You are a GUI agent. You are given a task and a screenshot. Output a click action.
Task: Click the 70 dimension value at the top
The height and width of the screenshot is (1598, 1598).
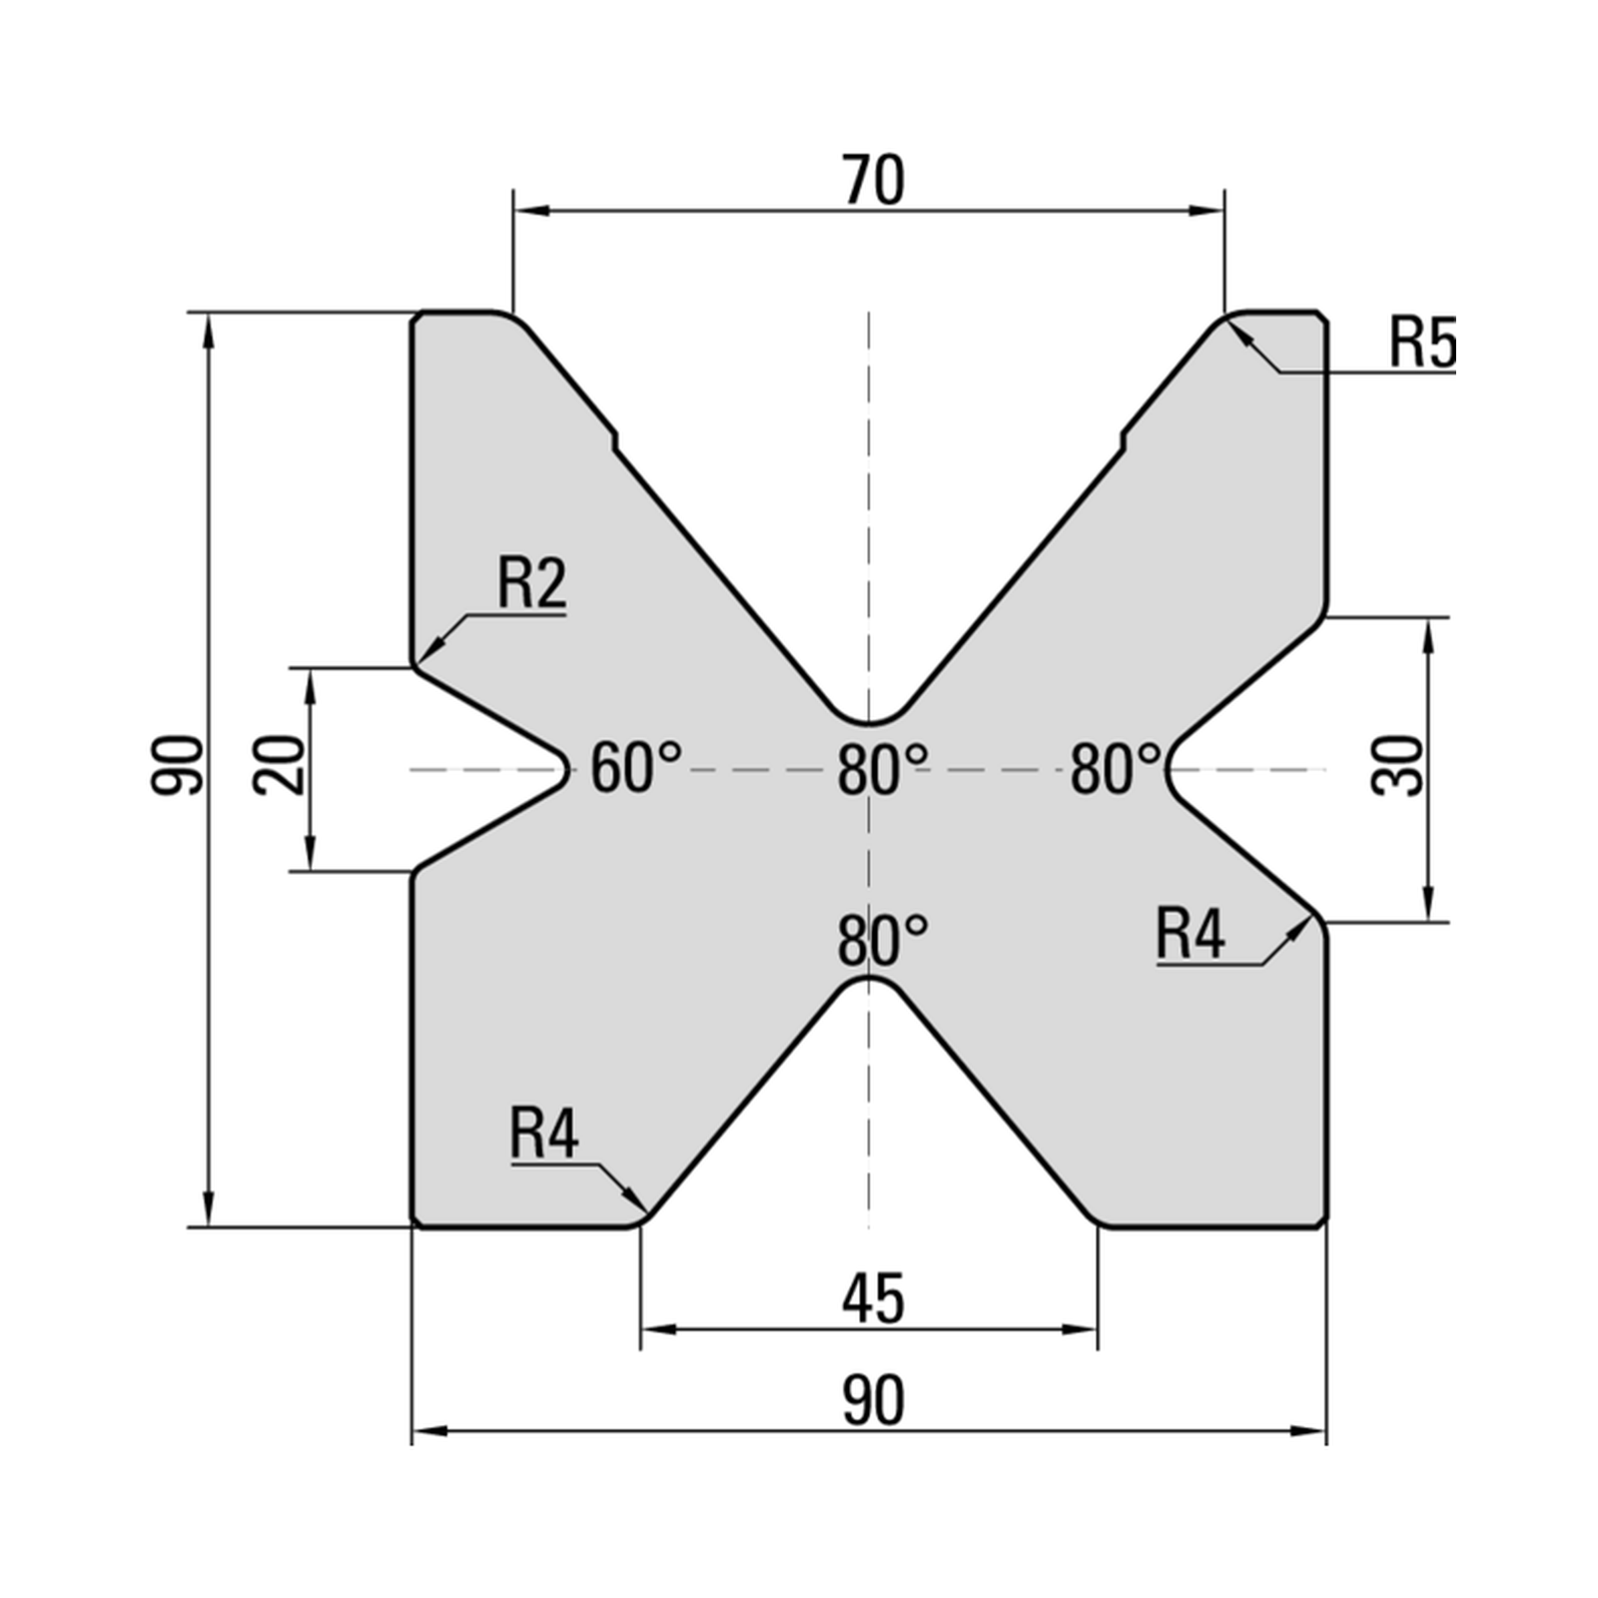873,181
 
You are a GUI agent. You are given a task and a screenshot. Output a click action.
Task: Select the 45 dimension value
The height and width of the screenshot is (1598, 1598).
873,1299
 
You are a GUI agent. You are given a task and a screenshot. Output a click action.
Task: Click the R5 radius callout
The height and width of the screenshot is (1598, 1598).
1422,342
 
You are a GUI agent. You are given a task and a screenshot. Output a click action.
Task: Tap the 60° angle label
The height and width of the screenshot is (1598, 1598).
636,768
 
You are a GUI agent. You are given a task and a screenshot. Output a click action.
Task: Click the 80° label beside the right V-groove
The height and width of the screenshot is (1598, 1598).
1116,770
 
